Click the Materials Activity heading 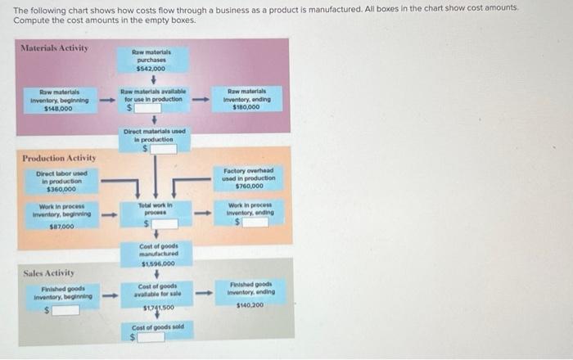55,48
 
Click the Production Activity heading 59,157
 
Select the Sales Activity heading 49,272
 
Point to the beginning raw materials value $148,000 57,108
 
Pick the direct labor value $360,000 56,188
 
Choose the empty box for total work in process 158,222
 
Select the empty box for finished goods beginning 66,309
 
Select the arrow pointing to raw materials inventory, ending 197,100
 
